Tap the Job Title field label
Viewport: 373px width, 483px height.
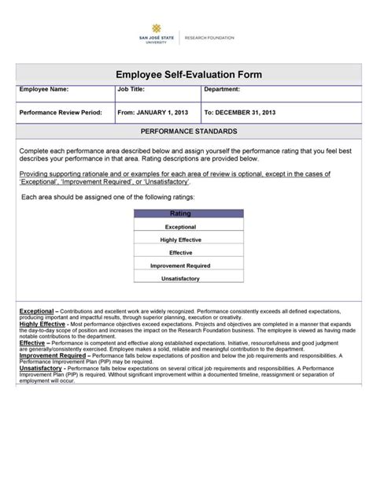click(x=132, y=91)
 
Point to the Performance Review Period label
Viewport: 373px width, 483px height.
click(x=61, y=113)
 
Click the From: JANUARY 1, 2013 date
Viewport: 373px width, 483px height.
click(x=153, y=113)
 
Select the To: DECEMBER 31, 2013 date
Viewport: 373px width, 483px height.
click(x=239, y=113)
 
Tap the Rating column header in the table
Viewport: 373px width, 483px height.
click(x=181, y=214)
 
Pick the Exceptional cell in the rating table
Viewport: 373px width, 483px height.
click(x=181, y=226)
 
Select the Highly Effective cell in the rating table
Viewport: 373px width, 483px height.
click(x=181, y=240)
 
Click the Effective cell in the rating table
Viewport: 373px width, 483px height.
click(x=181, y=252)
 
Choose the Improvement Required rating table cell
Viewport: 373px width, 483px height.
click(x=181, y=266)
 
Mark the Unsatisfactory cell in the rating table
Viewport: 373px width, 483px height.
click(x=181, y=279)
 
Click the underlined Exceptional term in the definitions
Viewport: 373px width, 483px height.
click(x=35, y=312)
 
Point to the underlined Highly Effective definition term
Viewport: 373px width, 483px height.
click(x=42, y=324)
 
